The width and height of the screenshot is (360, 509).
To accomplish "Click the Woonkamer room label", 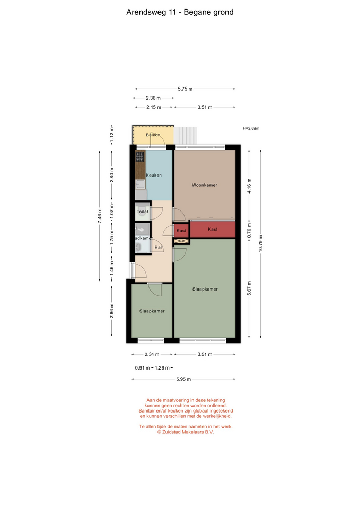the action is [x=204, y=185].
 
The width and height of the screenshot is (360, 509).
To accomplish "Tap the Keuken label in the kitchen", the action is [x=154, y=175].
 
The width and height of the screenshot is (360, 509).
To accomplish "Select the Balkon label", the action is [x=153, y=135].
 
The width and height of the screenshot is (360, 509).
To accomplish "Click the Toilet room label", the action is [x=143, y=212].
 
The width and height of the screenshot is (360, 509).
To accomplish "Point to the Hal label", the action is [x=158, y=248].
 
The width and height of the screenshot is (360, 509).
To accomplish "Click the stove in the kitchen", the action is [x=140, y=156].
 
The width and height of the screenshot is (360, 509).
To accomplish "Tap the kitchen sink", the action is [x=140, y=185].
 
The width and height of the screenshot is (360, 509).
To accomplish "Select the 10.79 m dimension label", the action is [x=261, y=243].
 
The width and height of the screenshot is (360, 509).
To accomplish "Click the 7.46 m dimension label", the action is [x=100, y=216].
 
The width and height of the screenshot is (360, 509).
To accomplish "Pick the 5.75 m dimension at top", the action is [x=185, y=89].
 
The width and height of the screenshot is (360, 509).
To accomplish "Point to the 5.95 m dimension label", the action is [x=183, y=379].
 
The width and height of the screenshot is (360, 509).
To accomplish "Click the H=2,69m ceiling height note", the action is [x=251, y=128].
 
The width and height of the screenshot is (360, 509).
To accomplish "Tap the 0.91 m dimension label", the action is [x=142, y=368].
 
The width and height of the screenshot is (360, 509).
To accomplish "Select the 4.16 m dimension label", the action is [x=249, y=186].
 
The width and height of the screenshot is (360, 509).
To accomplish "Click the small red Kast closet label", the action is [x=181, y=231].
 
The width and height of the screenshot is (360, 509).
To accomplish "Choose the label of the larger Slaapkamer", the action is [x=205, y=289].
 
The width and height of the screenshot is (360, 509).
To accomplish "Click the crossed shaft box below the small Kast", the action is [x=181, y=241].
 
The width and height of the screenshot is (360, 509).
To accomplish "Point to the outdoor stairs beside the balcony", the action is [x=186, y=135].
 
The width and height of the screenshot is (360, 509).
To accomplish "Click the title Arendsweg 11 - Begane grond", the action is [x=180, y=12].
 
